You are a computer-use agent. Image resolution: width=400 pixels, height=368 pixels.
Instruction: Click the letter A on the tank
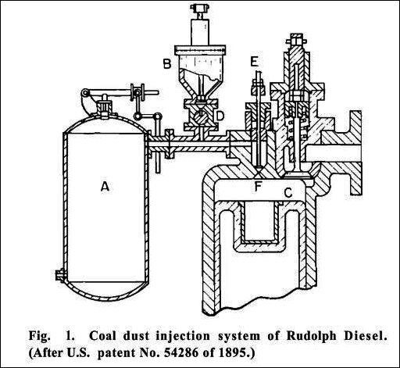pyautogui.click(x=105, y=187)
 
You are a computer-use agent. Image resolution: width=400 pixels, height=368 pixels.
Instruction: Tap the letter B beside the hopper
pyautogui.click(x=167, y=63)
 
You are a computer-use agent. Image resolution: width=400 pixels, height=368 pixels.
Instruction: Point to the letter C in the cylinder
pyautogui.click(x=288, y=193)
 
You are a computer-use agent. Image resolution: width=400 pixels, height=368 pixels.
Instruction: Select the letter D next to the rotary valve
pyautogui.click(x=220, y=116)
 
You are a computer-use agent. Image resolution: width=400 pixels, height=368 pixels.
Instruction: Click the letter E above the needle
pyautogui.click(x=254, y=62)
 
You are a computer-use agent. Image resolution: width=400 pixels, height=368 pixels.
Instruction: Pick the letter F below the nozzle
pyautogui.click(x=258, y=187)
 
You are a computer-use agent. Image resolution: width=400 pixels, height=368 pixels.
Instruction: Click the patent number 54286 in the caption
pyautogui.click(x=181, y=353)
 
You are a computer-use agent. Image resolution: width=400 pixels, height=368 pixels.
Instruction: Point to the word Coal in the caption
pyautogui.click(x=102, y=336)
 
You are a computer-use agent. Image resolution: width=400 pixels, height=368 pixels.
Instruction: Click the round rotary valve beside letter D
pyautogui.click(x=201, y=116)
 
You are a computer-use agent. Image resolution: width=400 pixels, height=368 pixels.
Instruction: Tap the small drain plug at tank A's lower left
pyautogui.click(x=59, y=275)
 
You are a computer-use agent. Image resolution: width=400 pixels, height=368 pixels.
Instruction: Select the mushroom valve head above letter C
pyautogui.click(x=297, y=175)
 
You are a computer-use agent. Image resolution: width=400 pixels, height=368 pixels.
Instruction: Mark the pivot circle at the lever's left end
pyautogui.click(x=84, y=93)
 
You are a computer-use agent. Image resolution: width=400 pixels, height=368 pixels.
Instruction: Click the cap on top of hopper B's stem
pyautogui.click(x=200, y=8)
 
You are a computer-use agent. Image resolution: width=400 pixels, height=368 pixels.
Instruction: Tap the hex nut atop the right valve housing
pyautogui.click(x=296, y=41)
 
